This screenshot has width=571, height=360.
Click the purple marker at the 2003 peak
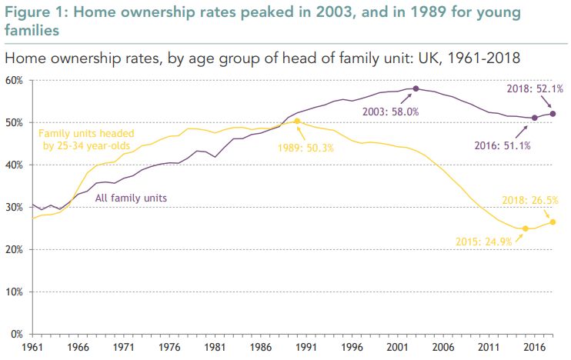[x=416, y=88]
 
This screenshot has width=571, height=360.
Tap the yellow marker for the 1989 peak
[x=297, y=121]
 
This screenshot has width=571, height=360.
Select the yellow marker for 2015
[x=526, y=228]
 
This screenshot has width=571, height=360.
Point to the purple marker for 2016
[x=535, y=118]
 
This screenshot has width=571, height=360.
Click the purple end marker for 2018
[x=553, y=114]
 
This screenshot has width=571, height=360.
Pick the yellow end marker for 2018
[x=553, y=222]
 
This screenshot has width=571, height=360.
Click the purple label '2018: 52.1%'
[x=529, y=89]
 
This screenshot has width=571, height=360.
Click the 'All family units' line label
[x=131, y=198]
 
